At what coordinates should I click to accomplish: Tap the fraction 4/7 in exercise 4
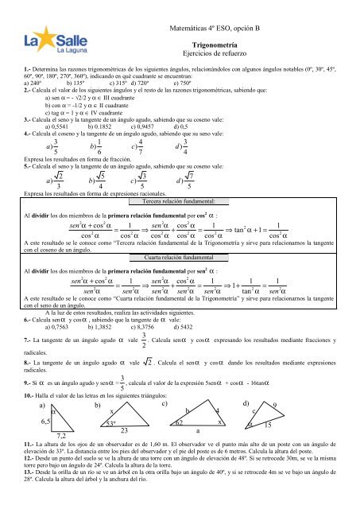point(141,147)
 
